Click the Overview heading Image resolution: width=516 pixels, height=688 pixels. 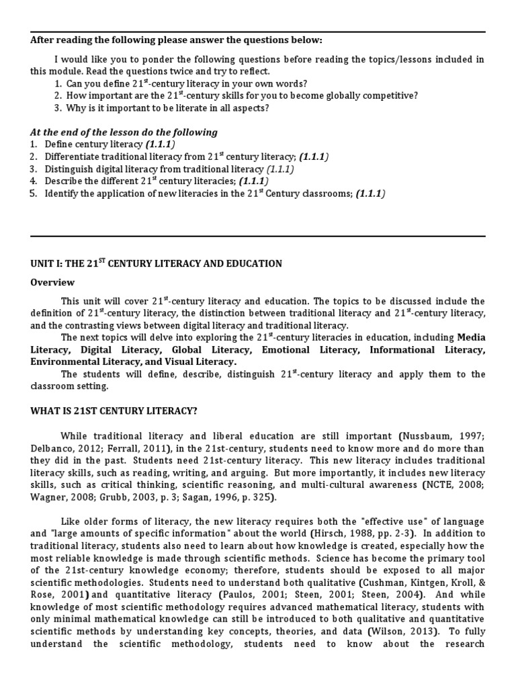[52, 282]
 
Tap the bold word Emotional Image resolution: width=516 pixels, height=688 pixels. [285, 349]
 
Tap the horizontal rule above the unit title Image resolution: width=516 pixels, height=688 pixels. [258, 236]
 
